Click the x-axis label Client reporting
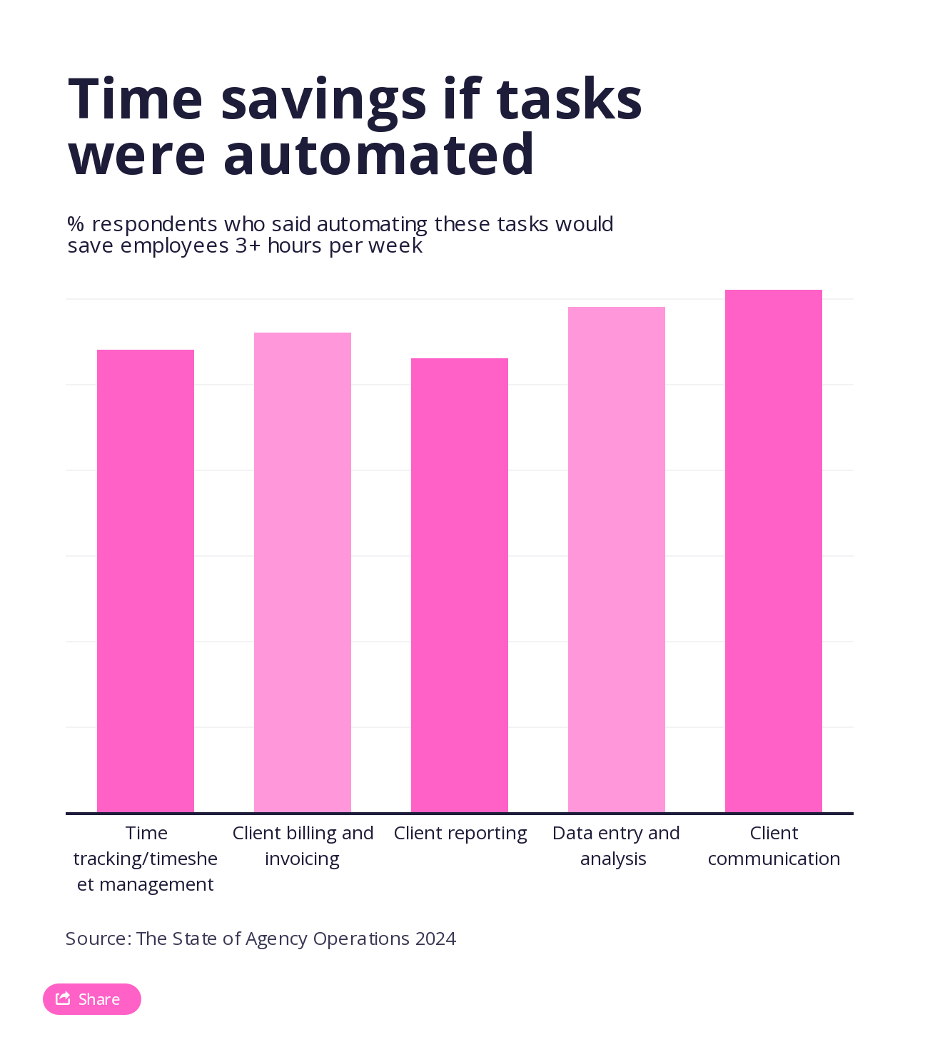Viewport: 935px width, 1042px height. point(460,834)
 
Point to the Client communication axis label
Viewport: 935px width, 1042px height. point(774,846)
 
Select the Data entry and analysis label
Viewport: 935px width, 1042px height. point(615,846)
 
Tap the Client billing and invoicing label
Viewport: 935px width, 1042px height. point(303,846)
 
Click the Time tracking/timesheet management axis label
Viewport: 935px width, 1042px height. point(146,859)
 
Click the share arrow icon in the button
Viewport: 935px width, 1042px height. point(63,998)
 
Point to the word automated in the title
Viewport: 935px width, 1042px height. point(378,155)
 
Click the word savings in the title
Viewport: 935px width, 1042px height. point(324,100)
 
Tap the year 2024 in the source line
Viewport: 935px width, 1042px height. point(435,939)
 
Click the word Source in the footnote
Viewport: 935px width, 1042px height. point(97,939)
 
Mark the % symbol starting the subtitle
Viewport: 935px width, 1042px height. point(76,224)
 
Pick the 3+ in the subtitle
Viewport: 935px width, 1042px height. point(248,246)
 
